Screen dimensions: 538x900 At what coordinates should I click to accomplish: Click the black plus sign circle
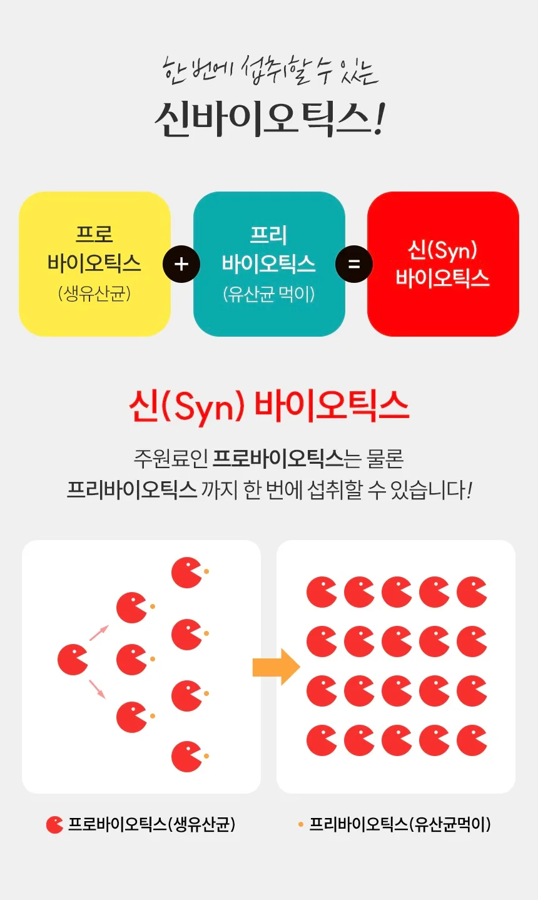[x=181, y=264]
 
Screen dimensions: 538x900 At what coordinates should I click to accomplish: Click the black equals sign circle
[x=353, y=264]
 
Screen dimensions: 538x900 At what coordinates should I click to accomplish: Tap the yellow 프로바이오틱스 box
[x=94, y=264]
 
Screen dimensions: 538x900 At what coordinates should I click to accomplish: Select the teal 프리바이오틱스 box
[x=269, y=264]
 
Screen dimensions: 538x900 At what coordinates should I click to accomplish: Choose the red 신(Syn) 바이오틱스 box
[x=443, y=264]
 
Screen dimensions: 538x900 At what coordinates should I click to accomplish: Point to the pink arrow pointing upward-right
[x=99, y=633]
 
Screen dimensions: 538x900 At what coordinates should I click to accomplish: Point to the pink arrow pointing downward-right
[x=97, y=689]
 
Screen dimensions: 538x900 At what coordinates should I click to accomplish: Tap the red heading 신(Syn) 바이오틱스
[x=269, y=406]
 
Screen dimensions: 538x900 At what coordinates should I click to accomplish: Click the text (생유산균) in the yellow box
[x=94, y=294]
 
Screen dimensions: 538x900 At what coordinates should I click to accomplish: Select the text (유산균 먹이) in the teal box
[x=268, y=294]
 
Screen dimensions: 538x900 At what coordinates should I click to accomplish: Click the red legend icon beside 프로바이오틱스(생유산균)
[x=54, y=824]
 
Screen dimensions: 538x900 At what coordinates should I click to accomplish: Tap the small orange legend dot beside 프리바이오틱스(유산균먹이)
[x=301, y=824]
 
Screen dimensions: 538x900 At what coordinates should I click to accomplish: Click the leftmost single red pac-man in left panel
[x=73, y=659]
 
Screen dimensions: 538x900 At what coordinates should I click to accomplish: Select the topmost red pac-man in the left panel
[x=186, y=573]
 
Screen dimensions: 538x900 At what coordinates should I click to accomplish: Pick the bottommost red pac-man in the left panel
[x=186, y=757]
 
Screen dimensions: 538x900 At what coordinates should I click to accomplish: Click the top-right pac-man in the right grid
[x=472, y=592]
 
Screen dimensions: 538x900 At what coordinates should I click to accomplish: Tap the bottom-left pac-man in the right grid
[x=322, y=740]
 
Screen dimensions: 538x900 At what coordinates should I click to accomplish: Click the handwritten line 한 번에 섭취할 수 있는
[x=270, y=71]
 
